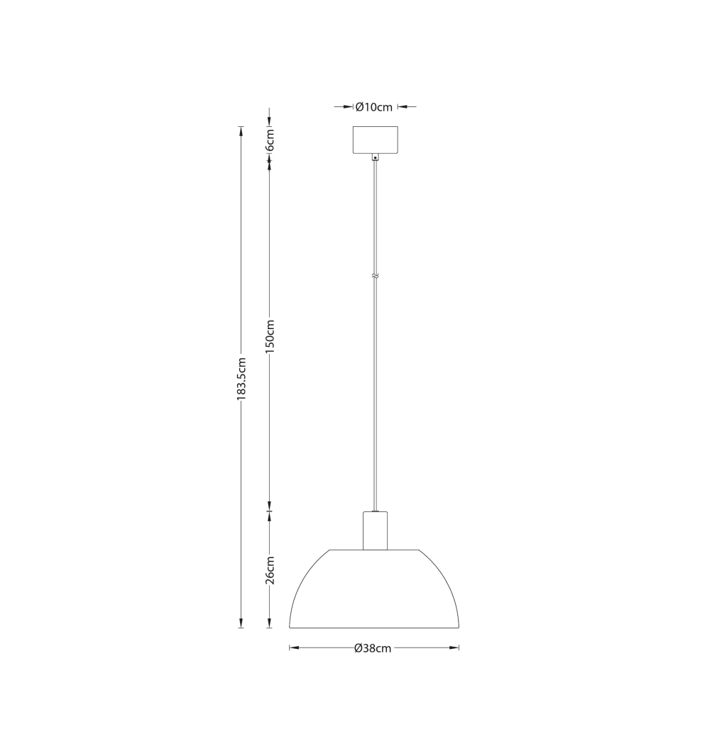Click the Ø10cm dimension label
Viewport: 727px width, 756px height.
[374, 107]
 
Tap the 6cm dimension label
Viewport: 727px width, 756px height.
[270, 140]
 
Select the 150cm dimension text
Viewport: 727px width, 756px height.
[270, 337]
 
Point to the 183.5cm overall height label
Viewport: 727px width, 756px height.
[241, 378]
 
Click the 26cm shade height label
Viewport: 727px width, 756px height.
[270, 570]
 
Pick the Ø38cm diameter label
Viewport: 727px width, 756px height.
[373, 648]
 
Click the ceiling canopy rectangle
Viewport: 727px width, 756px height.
[376, 140]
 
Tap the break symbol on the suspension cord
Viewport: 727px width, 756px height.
[376, 277]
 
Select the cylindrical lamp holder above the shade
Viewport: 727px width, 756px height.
[375, 530]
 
